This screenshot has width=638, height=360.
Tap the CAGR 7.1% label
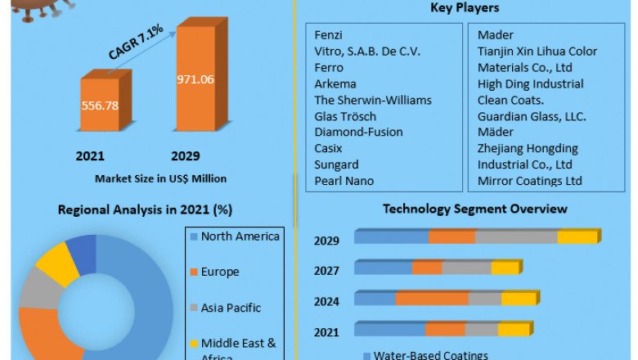pyautogui.click(x=136, y=42)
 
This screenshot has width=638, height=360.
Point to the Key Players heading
pyautogui.click(x=464, y=8)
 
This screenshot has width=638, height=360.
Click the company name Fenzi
pyautogui.click(x=329, y=35)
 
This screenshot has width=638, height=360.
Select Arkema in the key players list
pyautogui.click(x=337, y=83)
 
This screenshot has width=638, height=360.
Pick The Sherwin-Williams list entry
pyautogui.click(x=373, y=100)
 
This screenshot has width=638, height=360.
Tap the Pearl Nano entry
pyautogui.click(x=344, y=180)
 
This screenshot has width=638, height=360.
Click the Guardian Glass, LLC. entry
pyautogui.click(x=532, y=116)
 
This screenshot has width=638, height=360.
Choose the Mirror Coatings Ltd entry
pyautogui.click(x=530, y=180)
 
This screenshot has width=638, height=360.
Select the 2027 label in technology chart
pyautogui.click(x=327, y=270)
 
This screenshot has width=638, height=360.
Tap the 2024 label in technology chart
pyautogui.click(x=327, y=300)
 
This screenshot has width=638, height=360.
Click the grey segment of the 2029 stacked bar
pyautogui.click(x=516, y=237)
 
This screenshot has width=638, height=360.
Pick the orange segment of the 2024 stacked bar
pyautogui.click(x=432, y=299)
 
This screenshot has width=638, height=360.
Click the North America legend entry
pyautogui.click(x=240, y=236)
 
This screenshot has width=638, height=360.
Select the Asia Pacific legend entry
pyautogui.click(x=231, y=308)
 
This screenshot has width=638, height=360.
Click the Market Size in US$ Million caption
pyautogui.click(x=161, y=178)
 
